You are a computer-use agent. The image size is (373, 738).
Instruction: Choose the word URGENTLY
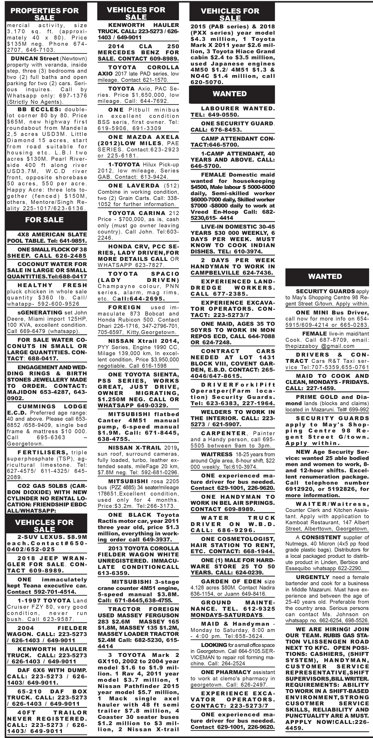tap(313, 577)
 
